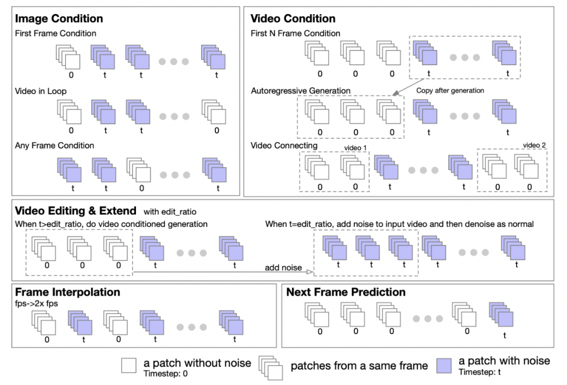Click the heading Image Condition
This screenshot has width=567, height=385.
click(x=59, y=19)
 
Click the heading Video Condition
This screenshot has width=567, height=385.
click(x=293, y=19)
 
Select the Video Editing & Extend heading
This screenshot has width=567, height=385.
click(x=76, y=211)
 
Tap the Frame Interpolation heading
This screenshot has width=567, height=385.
click(x=68, y=292)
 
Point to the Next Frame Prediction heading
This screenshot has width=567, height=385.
click(x=346, y=292)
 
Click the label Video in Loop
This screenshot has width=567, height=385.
click(x=40, y=91)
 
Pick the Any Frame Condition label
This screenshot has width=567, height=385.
click(x=55, y=145)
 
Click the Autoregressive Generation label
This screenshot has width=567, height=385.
click(x=301, y=91)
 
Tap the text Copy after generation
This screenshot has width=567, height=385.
click(x=450, y=90)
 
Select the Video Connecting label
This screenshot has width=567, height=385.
click(x=284, y=145)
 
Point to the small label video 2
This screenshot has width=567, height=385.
click(x=534, y=145)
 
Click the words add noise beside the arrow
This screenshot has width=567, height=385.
click(x=283, y=267)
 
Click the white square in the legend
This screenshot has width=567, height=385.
click(x=129, y=365)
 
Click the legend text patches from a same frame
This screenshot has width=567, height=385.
click(x=359, y=366)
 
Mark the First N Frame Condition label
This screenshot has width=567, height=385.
click(x=296, y=34)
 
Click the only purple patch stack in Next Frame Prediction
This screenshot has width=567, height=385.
click(x=501, y=316)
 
